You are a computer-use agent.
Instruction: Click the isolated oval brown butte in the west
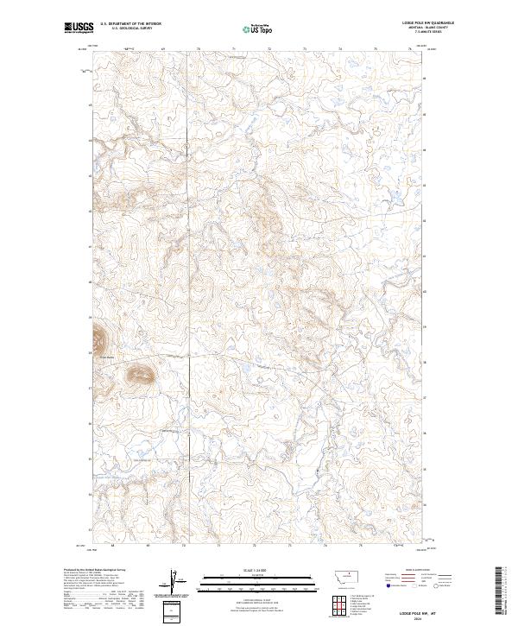coord(138,374)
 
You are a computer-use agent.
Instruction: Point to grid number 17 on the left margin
coord(89,387)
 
